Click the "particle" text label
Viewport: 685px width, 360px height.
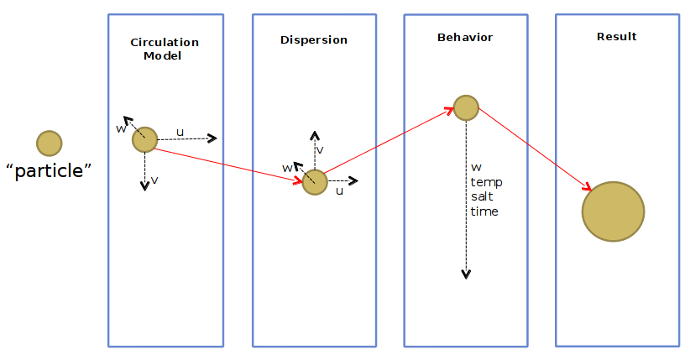click(x=48, y=171)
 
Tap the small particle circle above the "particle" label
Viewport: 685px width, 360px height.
click(x=49, y=143)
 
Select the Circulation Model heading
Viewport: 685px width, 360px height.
click(x=165, y=49)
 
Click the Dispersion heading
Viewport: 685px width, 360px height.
click(x=313, y=39)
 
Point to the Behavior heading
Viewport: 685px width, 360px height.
click(x=465, y=38)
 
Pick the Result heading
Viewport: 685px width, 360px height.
click(x=616, y=36)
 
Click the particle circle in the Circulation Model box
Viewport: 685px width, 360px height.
click(x=144, y=139)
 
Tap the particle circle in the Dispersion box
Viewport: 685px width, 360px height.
click(x=315, y=182)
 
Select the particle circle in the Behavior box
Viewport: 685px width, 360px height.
click(x=466, y=107)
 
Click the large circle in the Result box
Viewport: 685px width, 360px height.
click(x=613, y=212)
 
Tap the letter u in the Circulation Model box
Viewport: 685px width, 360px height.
click(x=180, y=131)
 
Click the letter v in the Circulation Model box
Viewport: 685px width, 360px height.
click(x=155, y=180)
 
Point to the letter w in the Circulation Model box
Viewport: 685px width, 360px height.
click(x=121, y=128)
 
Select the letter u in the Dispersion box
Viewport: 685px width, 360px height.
click(x=339, y=190)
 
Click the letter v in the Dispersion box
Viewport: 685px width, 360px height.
click(x=321, y=149)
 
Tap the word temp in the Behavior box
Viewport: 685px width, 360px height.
click(x=486, y=181)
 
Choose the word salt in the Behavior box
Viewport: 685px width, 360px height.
click(x=483, y=196)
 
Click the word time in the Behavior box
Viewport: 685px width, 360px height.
click(x=484, y=211)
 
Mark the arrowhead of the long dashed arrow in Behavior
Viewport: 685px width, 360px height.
click(x=466, y=274)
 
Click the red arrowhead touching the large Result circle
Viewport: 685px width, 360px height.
click(x=588, y=187)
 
